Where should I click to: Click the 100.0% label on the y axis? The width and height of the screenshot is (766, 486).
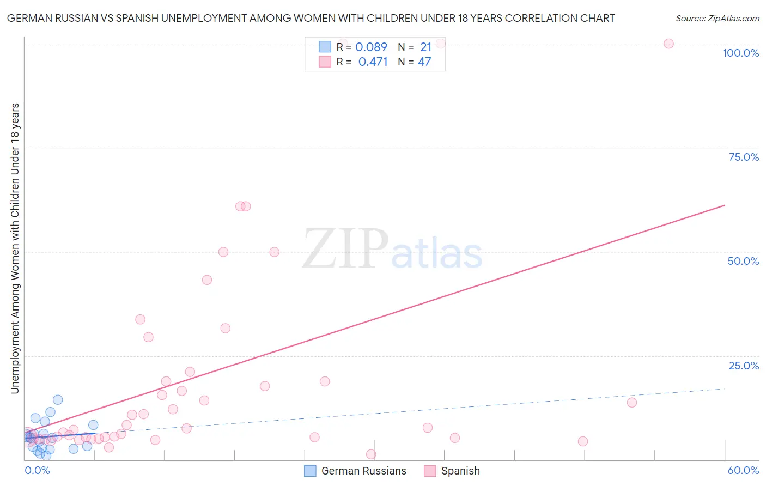(740, 53)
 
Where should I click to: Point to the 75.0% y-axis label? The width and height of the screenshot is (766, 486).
(744, 157)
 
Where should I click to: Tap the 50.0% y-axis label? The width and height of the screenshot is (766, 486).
(743, 261)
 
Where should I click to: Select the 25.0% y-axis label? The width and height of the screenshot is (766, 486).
(744, 365)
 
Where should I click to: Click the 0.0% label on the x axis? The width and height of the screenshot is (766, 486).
(37, 470)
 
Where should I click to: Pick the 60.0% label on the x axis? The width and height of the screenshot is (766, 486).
(743, 470)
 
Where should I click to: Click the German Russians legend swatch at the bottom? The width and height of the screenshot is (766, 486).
(310, 471)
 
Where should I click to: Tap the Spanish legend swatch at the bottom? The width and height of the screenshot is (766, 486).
(430, 471)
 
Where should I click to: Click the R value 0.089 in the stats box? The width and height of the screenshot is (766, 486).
(371, 47)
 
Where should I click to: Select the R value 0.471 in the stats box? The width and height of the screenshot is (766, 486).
(373, 62)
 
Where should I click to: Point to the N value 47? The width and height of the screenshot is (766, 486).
(424, 62)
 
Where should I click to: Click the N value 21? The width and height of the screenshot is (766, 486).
(425, 47)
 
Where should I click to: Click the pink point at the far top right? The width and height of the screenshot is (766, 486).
(668, 44)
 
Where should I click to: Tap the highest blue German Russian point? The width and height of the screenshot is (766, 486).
(58, 400)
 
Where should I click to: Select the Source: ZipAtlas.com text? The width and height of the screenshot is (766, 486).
(717, 19)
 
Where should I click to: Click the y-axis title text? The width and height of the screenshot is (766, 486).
(15, 248)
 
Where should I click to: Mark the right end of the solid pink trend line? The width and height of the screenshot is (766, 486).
(725, 205)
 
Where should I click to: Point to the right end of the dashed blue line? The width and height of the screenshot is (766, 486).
(725, 389)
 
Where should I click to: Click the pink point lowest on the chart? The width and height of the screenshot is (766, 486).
(371, 454)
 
